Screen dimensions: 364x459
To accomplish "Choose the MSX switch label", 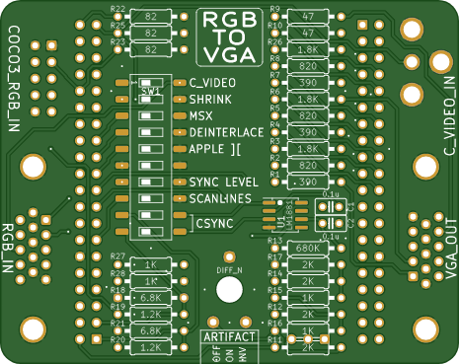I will pos(200,115).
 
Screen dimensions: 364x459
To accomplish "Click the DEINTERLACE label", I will pos(220,132).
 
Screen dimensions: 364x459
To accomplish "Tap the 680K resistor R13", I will pos(307,248).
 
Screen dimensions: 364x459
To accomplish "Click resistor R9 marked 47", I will pos(307,17).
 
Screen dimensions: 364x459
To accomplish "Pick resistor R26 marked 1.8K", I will pos(307,48).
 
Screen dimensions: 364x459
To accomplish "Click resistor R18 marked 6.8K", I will pos(152,298).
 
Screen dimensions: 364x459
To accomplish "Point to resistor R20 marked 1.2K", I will pos(152,347).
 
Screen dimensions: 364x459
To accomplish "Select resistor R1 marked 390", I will pos(307,182).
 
